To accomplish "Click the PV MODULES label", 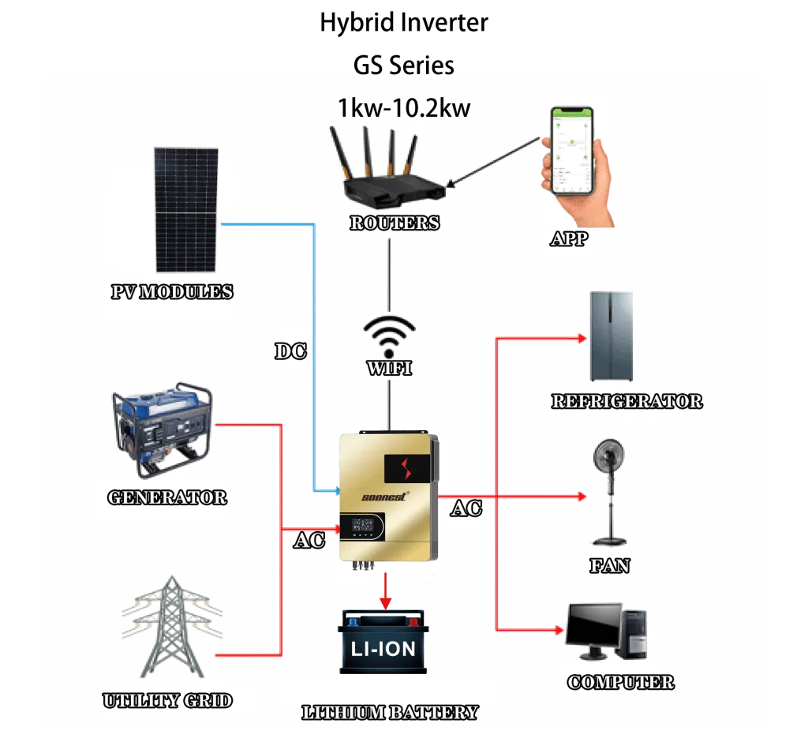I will tap(172, 291).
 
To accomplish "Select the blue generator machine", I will tap(162, 433).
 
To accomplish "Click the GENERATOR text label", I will tap(166, 498).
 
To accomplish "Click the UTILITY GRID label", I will tap(167, 700).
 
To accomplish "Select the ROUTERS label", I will tap(395, 223).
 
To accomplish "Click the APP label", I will tap(570, 238).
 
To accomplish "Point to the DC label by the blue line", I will tap(290, 351).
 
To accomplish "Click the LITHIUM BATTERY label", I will tap(390, 712).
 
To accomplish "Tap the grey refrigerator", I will tap(612, 336).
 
